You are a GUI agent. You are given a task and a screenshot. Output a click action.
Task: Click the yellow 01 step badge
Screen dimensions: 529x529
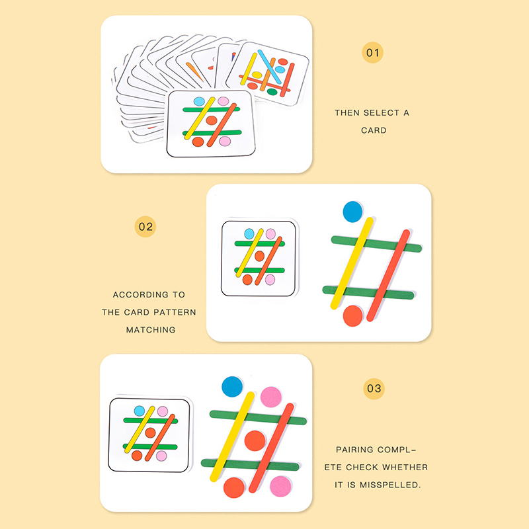pyautogui.click(x=372, y=53)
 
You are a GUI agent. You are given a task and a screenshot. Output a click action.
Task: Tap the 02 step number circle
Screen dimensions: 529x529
pyautogui.click(x=145, y=227)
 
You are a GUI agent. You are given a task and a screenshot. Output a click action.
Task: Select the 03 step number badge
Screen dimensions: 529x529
pyautogui.click(x=374, y=389)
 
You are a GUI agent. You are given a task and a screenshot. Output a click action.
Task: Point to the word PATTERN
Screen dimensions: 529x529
pyautogui.click(x=177, y=312)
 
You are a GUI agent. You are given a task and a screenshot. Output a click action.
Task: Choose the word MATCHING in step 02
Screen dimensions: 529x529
pyautogui.click(x=151, y=330)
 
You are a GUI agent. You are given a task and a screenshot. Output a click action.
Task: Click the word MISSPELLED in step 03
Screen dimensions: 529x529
pyautogui.click(x=390, y=485)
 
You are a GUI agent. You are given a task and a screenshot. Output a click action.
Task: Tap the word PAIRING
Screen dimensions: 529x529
pyautogui.click(x=354, y=450)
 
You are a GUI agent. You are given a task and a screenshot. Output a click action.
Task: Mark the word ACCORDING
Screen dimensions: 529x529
pyautogui.click(x=141, y=295)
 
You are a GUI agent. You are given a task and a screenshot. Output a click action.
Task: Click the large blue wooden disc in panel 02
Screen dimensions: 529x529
pyautogui.click(x=352, y=212)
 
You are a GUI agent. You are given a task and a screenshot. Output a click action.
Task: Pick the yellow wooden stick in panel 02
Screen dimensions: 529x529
pyautogui.click(x=352, y=263)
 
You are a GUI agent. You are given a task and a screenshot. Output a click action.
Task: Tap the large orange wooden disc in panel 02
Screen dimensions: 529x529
pyautogui.click(x=352, y=316)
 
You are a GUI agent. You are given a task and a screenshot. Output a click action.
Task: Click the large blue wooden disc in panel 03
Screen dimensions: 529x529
pyautogui.click(x=232, y=387)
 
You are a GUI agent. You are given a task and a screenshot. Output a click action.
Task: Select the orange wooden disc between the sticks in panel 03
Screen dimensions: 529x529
pyautogui.click(x=255, y=440)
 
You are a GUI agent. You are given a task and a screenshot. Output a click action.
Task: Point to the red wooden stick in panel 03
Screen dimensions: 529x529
pyautogui.click(x=271, y=448)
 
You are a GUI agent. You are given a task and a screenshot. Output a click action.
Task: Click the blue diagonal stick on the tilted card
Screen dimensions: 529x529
pyautogui.click(x=270, y=67)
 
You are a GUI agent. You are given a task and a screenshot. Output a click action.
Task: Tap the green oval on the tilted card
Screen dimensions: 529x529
pyautogui.click(x=272, y=92)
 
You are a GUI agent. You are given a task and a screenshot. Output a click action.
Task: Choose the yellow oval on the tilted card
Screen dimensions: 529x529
pyautogui.click(x=257, y=75)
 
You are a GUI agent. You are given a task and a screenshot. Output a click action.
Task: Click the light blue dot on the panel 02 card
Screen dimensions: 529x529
pyautogui.click(x=249, y=234)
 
